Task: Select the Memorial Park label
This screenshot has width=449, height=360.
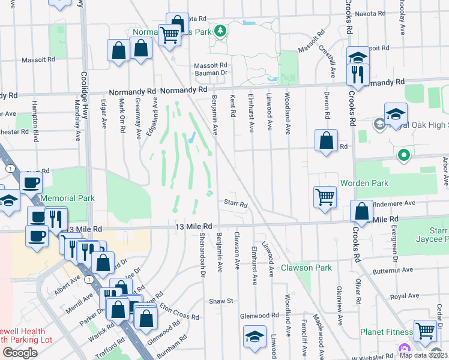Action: tap(68, 198)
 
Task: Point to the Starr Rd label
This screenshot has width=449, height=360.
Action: tap(236, 205)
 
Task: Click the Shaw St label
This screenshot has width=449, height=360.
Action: tap(220, 301)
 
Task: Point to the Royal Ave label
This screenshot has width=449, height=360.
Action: tap(405, 296)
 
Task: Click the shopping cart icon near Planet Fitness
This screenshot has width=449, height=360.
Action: tap(425, 329)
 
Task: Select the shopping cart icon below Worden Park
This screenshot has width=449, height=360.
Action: tap(325, 196)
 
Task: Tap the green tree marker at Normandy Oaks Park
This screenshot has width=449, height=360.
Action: tap(220, 30)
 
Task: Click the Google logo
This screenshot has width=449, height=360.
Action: tap(20, 352)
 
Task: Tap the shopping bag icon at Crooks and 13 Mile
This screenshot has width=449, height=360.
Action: tap(361, 211)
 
